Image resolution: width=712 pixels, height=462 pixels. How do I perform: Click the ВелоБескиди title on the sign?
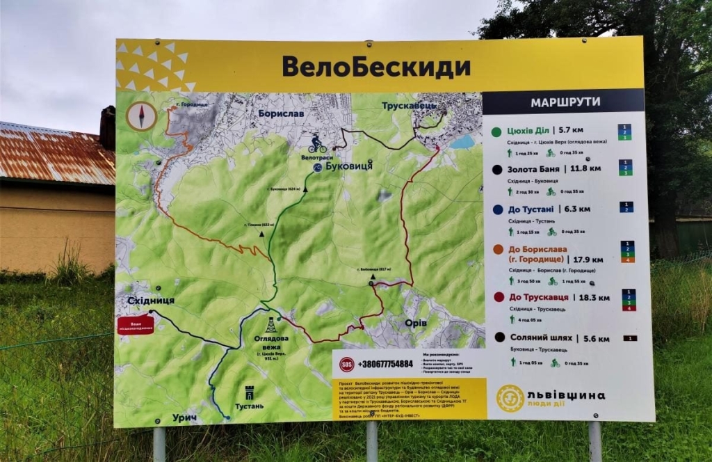pos(375,67)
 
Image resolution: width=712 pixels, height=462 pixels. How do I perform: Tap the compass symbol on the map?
pos(141,115)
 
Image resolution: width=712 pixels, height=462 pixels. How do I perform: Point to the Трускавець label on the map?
pos(409,106)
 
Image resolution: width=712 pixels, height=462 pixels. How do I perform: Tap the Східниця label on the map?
pos(151,301)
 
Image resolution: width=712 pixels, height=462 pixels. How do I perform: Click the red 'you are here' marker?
pos(136,324)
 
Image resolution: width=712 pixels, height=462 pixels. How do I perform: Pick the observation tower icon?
pos(270,324)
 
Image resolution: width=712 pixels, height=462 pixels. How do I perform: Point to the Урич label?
pos(184,417)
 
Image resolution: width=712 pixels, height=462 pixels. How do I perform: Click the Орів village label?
pos(416,323)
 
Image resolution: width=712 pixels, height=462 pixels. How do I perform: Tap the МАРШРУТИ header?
pos(565,102)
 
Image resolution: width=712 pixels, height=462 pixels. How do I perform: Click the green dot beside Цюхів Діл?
pos(496,131)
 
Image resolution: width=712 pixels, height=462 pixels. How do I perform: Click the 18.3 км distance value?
pos(594,297)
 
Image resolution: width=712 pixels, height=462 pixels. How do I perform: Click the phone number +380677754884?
pos(385,364)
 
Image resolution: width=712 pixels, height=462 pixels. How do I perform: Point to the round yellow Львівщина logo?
pos(510,398)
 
